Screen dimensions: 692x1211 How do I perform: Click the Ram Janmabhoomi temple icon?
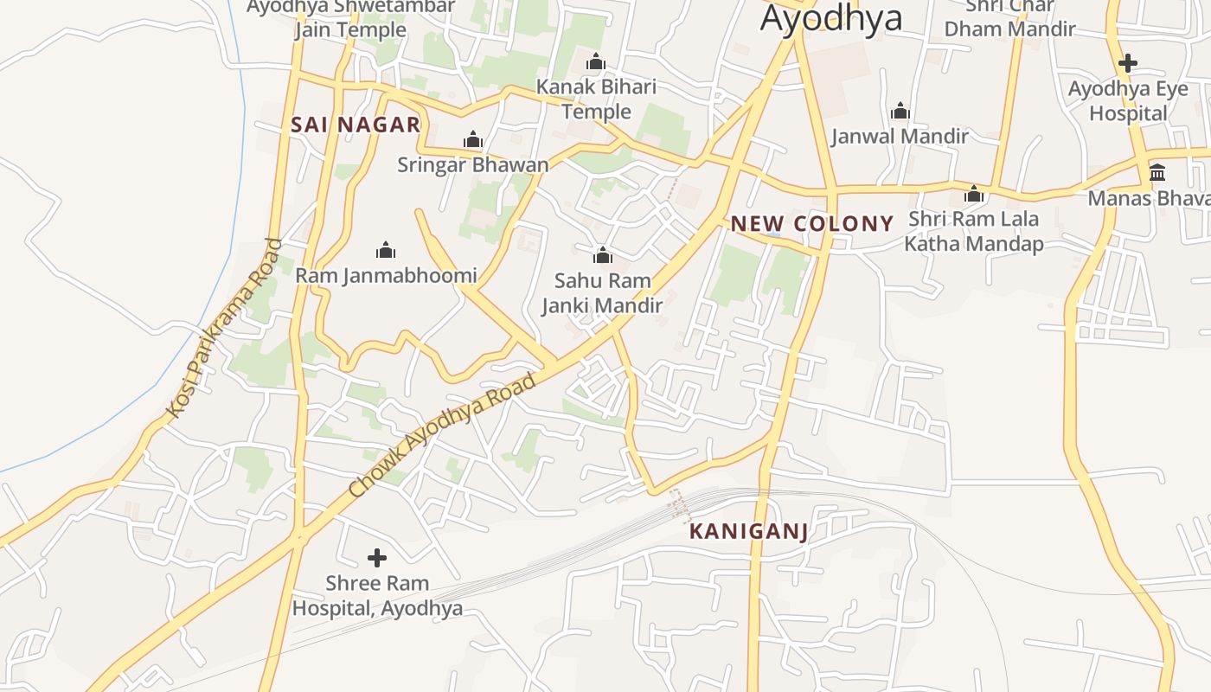point(386,251)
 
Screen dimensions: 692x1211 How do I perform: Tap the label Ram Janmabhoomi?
point(386,276)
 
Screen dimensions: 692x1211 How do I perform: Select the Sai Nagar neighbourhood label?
point(356,125)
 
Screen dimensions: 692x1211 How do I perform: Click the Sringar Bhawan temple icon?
point(472,140)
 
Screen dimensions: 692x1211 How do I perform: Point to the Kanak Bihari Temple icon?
point(595,62)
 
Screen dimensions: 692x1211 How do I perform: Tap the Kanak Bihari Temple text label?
point(596,99)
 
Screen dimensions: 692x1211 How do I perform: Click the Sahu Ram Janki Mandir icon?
point(602,255)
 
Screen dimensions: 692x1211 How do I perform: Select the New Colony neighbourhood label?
point(811,224)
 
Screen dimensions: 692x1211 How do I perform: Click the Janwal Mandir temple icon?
point(900,112)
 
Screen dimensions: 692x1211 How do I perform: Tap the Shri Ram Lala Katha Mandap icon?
point(974,195)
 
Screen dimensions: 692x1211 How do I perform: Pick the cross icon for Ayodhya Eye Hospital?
point(1127,63)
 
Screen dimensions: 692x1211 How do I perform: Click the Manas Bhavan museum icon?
point(1157,173)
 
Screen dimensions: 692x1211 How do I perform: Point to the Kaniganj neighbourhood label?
point(749,532)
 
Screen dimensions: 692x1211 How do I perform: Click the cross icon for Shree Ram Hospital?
point(377,558)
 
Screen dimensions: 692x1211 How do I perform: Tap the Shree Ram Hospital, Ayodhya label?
point(377,596)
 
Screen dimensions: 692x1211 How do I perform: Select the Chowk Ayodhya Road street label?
point(442,435)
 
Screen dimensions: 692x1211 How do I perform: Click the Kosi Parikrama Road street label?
point(225,329)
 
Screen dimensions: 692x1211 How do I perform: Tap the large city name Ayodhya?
point(830,17)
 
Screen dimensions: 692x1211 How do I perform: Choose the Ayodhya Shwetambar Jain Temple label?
point(350,18)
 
